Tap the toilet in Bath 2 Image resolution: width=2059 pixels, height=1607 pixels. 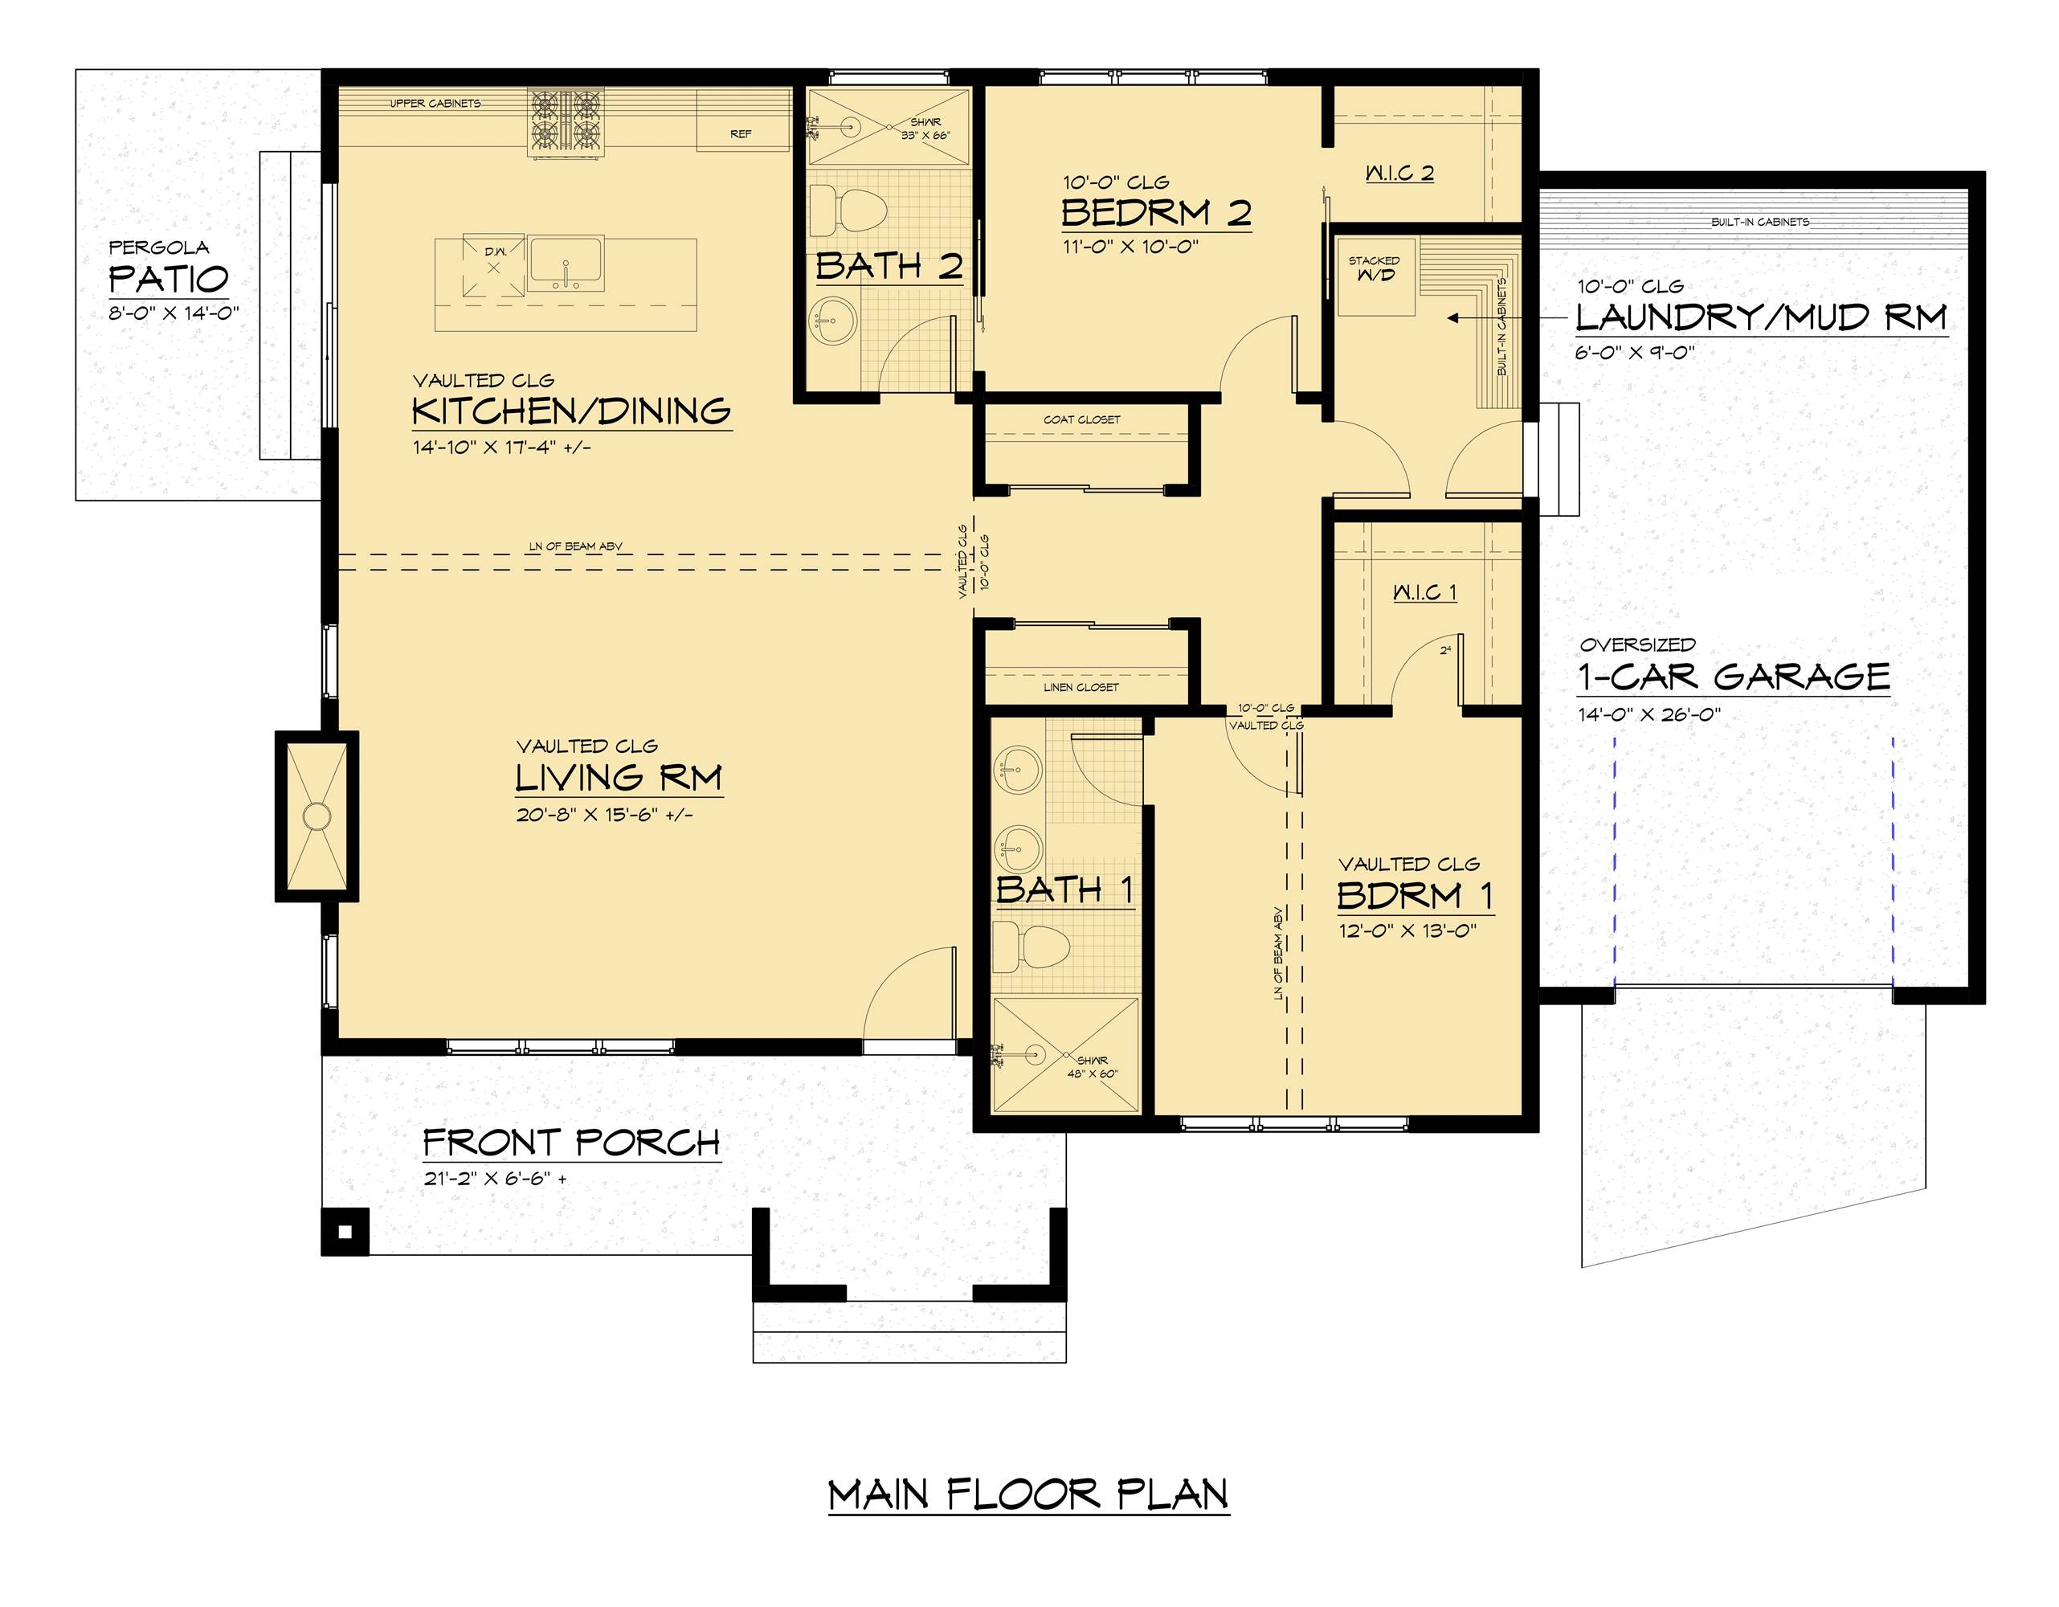848,211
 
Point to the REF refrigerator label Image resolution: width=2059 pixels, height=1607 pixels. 741,134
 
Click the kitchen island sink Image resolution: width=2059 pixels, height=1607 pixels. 566,264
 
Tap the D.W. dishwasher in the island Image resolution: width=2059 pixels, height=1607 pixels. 493,267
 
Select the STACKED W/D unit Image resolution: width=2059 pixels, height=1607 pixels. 1375,276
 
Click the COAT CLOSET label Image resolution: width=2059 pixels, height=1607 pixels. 1081,419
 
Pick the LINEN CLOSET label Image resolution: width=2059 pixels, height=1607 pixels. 1081,688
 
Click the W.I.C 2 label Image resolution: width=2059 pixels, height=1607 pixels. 1399,173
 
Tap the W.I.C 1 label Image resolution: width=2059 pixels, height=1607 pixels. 1424,592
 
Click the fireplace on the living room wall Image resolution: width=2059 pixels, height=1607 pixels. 317,816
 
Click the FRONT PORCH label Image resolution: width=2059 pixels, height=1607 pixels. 570,1143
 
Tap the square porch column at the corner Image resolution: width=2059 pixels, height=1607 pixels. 345,1232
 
